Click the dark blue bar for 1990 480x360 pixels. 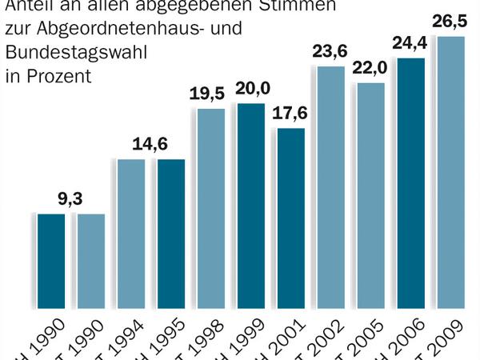(x=51, y=261)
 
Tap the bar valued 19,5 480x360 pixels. (x=211, y=208)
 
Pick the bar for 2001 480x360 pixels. (x=291, y=218)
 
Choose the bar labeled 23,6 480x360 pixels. (x=331, y=187)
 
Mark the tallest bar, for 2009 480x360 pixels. (x=451, y=172)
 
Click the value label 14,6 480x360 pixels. (x=151, y=147)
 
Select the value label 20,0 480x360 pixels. (x=251, y=91)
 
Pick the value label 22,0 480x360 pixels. (x=371, y=70)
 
